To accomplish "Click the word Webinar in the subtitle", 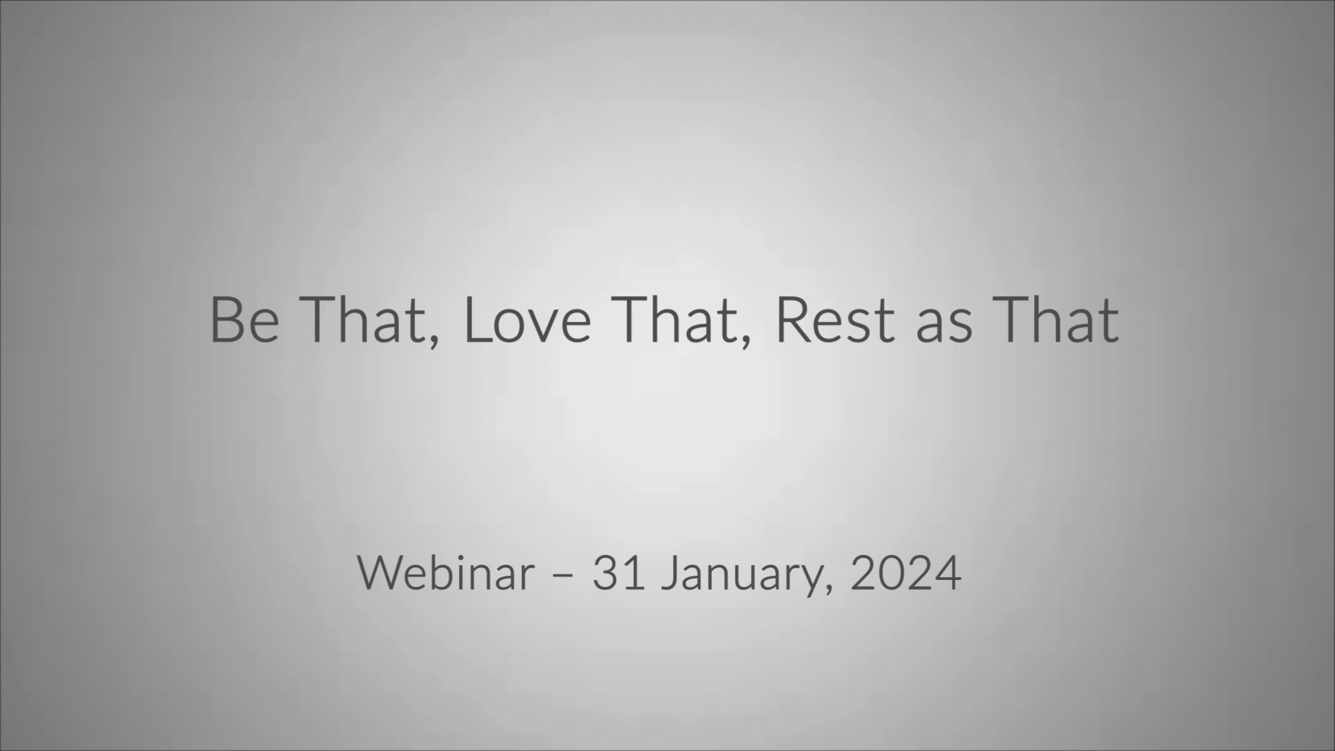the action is click(x=446, y=574).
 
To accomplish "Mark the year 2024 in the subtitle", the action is click(x=906, y=574).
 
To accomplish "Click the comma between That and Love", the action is click(x=434, y=340).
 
